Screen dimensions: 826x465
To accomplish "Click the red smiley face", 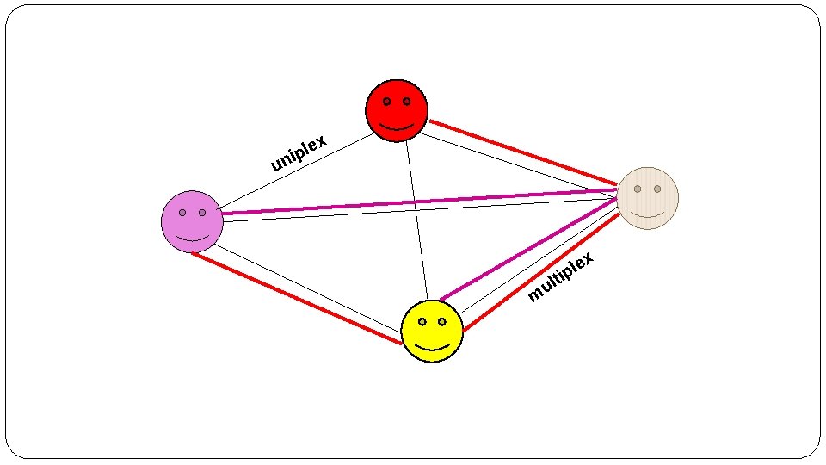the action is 397,110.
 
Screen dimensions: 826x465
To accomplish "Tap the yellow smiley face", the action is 432,331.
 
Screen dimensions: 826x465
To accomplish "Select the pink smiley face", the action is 192,221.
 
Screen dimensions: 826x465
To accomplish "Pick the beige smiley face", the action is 648,198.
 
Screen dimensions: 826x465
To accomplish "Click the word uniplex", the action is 299,153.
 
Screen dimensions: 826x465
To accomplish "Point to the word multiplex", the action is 561,277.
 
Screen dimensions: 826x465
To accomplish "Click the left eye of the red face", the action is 387,102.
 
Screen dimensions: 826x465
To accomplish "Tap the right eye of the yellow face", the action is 442,321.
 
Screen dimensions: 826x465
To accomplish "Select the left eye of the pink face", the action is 182,212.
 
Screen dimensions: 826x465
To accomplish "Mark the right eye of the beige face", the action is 657,189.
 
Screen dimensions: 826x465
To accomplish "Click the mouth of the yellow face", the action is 433,346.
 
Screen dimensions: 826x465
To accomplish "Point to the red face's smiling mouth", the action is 397,126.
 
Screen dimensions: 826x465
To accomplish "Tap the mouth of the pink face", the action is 193,237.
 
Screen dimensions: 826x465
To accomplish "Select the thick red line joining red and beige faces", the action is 523,152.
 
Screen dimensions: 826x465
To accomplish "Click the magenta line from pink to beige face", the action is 413,202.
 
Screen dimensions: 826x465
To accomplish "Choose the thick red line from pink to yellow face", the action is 297,297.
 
